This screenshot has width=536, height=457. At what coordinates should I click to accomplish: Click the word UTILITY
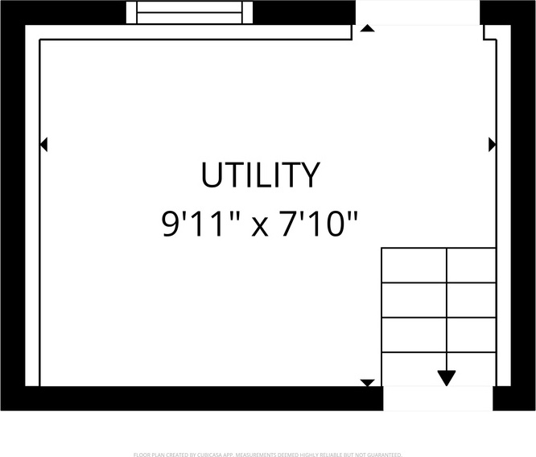click(x=260, y=175)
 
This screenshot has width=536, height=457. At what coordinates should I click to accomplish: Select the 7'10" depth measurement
click(x=318, y=224)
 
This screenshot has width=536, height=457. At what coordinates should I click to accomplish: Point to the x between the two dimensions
click(x=259, y=227)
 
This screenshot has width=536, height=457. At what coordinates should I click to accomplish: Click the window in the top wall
click(x=189, y=13)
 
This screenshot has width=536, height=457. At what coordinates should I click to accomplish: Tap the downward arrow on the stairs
click(x=447, y=377)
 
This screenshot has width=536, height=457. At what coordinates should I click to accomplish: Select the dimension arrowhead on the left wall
click(x=43, y=144)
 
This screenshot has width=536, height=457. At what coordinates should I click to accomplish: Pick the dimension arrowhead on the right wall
click(x=492, y=144)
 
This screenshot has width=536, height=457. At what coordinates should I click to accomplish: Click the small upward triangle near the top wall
click(x=367, y=28)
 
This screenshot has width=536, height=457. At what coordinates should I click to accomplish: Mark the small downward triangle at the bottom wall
click(x=367, y=383)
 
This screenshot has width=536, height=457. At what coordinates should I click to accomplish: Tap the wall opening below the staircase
click(x=437, y=398)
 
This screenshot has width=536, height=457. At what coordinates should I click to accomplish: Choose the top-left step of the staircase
click(x=414, y=266)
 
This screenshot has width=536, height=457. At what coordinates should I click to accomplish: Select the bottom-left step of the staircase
click(x=414, y=369)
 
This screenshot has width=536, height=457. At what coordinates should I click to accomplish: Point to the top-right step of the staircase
click(x=471, y=266)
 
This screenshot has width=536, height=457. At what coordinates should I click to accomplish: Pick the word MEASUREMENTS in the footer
click(x=254, y=455)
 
